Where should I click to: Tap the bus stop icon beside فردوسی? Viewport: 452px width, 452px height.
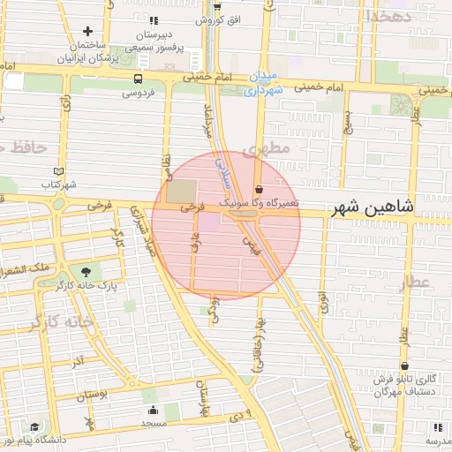tap(135, 79)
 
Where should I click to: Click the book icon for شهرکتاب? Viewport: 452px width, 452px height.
tap(59, 170)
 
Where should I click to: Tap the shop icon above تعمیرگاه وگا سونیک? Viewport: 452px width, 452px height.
tap(258, 189)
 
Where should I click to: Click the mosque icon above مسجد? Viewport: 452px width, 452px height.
tap(153, 410)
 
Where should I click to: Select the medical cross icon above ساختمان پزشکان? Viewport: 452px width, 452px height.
tap(88, 32)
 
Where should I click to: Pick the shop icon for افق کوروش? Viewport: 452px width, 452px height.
tap(216, 7)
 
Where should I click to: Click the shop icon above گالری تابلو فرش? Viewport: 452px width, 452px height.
tap(404, 365)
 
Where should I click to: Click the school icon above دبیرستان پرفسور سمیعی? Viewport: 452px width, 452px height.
tap(155, 20)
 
